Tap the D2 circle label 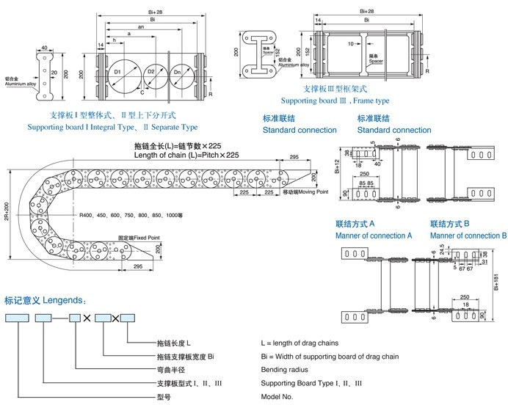click(150, 72)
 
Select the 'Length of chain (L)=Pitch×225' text click(186, 156)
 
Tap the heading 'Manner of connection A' click(374, 236)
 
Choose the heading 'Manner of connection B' click(468, 236)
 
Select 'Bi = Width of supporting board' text click(330, 357)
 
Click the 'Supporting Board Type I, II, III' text click(311, 383)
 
